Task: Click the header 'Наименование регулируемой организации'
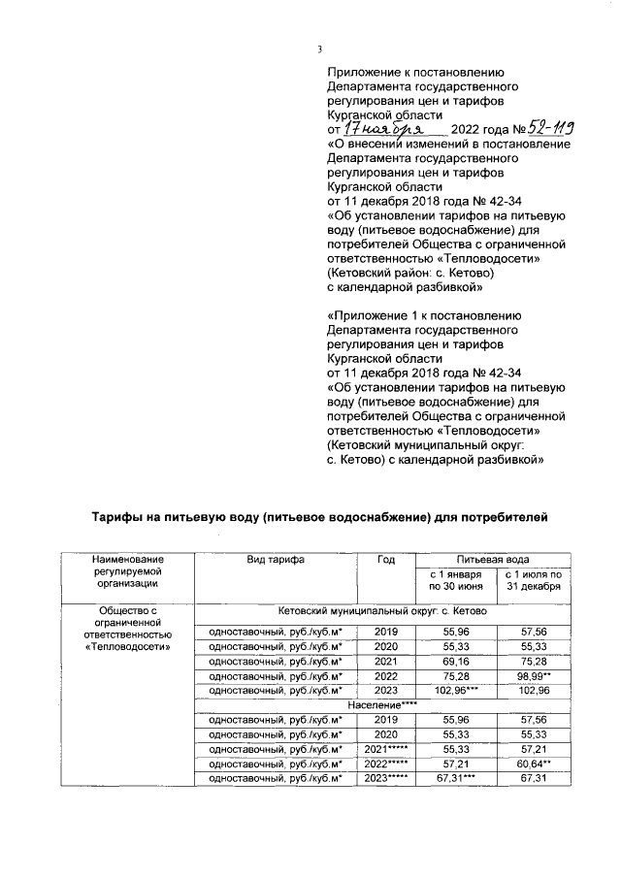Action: (128, 571)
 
